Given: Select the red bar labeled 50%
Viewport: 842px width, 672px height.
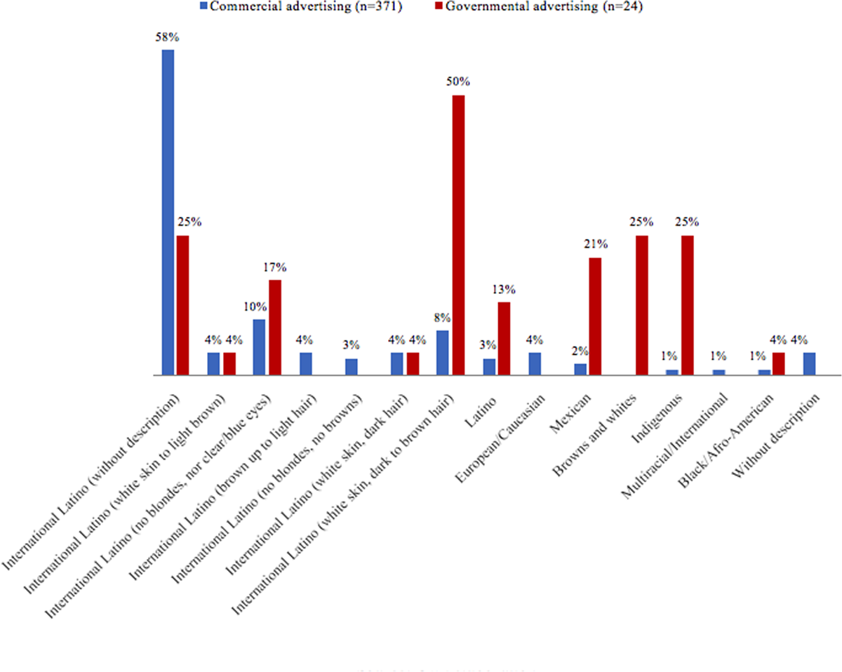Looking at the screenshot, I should coord(458,235).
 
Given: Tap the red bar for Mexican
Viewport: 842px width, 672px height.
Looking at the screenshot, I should coord(596,316).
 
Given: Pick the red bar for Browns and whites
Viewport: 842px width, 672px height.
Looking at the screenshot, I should coord(641,305).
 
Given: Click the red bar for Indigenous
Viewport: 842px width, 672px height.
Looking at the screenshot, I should coord(687,305).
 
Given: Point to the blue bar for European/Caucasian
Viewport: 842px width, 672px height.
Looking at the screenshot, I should coord(535,364).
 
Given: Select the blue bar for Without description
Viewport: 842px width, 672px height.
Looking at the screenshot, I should coord(809,364).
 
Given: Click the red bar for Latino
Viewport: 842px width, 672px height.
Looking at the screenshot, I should coord(504,339).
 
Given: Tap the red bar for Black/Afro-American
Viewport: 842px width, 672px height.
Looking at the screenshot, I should coord(778,364).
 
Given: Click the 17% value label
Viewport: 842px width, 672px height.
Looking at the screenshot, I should coord(275,267).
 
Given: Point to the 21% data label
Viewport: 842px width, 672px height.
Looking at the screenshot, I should coord(595,245).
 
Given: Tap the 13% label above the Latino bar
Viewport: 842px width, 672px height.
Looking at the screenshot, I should coord(504,289).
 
